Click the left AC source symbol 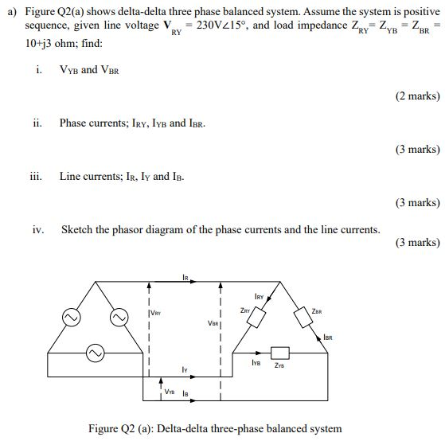click(x=68, y=316)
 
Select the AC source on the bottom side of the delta click(x=95, y=351)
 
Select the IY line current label click(x=184, y=370)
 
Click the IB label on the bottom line click(x=185, y=392)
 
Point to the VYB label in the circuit click(x=170, y=392)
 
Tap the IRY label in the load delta click(x=259, y=295)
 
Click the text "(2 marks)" click(x=416, y=96)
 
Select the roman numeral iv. click(x=38, y=229)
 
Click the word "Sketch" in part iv click(x=79, y=229)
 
